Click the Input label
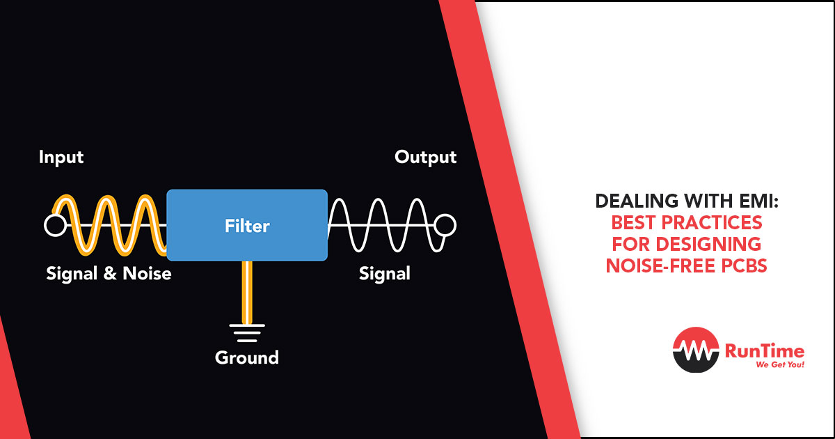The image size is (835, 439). (61, 157)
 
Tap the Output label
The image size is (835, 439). (425, 157)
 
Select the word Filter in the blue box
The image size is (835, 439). (247, 226)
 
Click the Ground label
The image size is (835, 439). (247, 357)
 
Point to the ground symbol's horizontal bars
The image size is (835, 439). (247, 333)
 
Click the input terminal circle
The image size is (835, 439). (55, 225)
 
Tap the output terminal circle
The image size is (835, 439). (445, 225)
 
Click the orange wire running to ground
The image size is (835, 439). (247, 292)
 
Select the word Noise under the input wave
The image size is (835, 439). (147, 274)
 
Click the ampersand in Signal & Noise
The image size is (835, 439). (110, 274)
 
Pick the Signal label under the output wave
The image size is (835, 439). (385, 274)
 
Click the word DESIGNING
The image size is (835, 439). (708, 244)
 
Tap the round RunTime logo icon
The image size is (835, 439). (696, 350)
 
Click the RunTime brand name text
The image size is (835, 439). (765, 351)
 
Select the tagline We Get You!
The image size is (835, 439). (780, 364)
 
